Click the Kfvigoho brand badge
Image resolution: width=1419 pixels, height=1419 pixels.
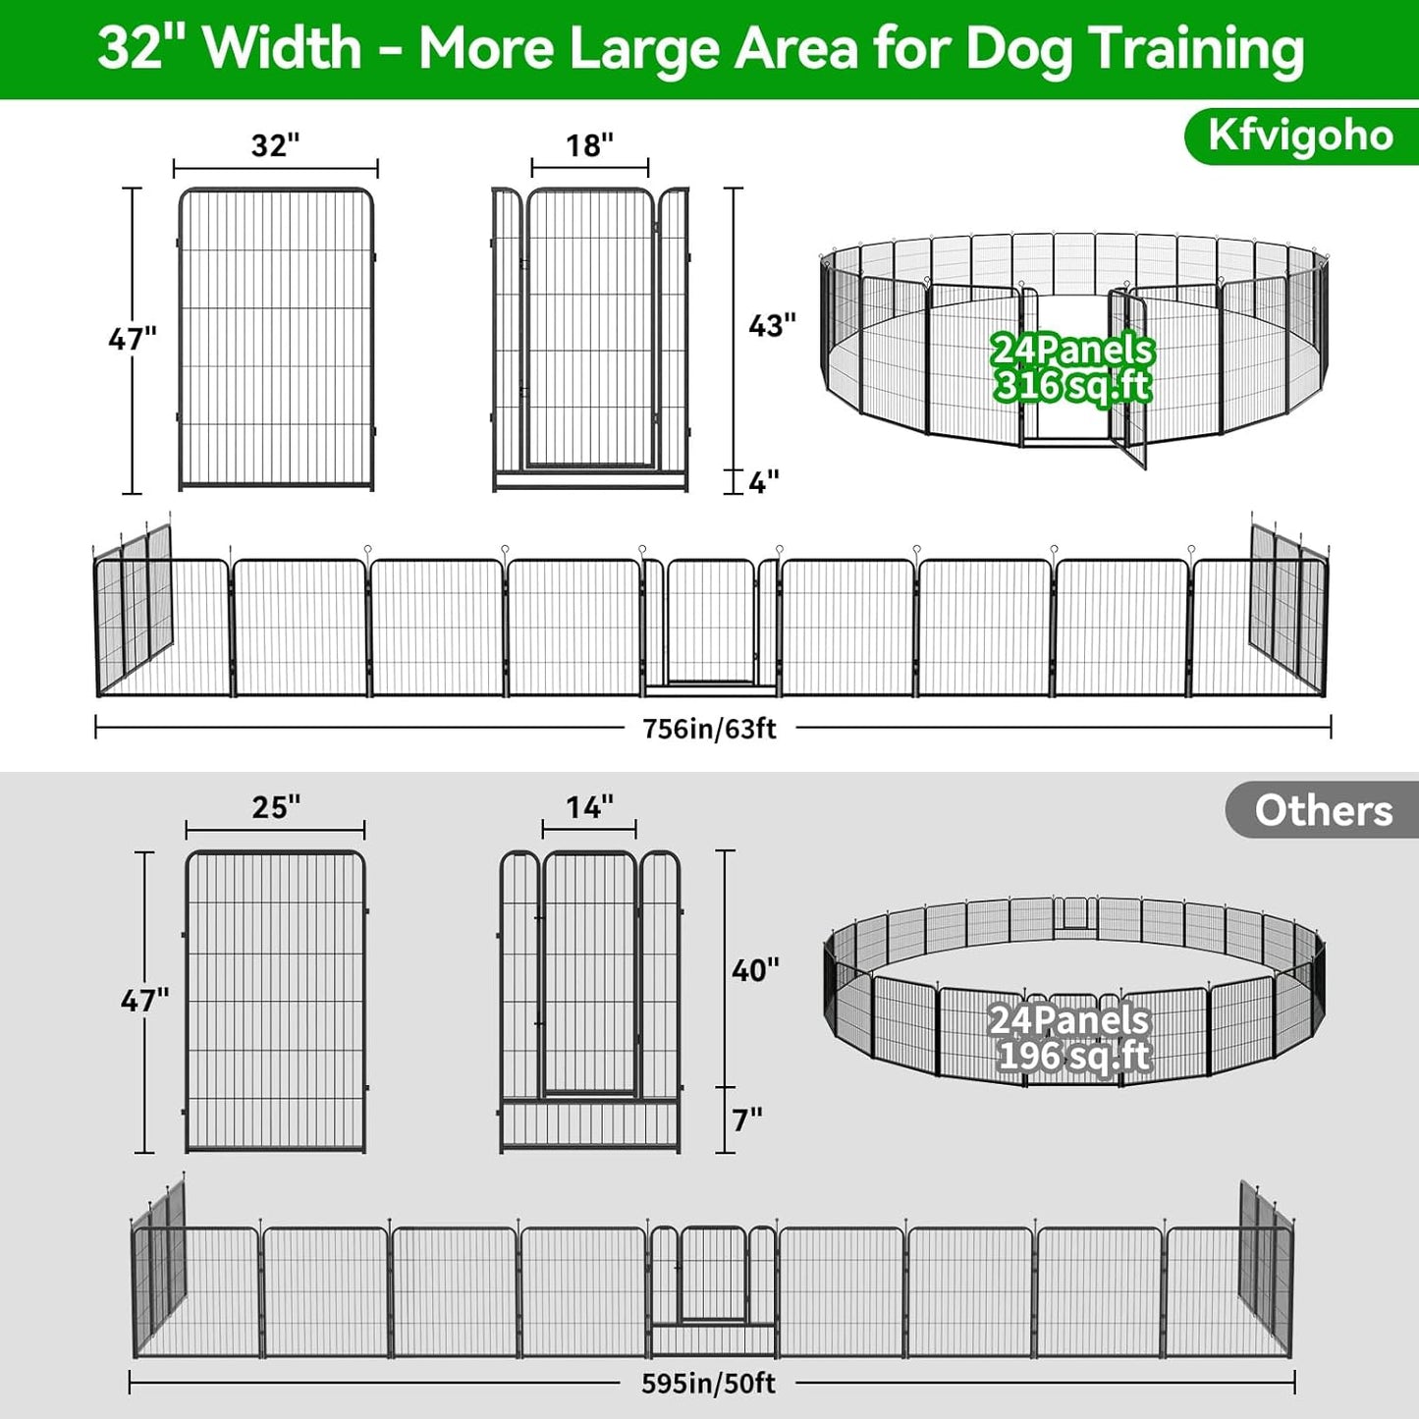1300,136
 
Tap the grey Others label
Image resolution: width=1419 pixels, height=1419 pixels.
1322,810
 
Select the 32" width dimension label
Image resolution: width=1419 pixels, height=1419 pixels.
275,145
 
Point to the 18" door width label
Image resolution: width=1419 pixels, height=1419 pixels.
589,145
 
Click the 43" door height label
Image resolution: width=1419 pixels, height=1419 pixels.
772,325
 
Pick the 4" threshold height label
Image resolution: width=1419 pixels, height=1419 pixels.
763,482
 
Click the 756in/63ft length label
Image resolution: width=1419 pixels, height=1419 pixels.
709,729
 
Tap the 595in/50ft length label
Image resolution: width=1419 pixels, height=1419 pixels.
708,1384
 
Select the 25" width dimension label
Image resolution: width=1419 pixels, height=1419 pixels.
276,807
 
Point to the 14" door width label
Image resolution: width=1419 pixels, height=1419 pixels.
589,807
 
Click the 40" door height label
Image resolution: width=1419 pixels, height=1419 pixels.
755,970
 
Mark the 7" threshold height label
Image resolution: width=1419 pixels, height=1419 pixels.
747,1119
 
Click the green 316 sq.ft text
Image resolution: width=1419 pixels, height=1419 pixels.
1072,386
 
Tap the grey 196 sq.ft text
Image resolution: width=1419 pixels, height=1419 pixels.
1072,1057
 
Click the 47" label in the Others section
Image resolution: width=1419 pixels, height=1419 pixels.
144,1001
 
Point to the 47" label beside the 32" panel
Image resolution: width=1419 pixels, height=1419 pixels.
133,339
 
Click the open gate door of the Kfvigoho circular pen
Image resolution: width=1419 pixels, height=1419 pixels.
1129,378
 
